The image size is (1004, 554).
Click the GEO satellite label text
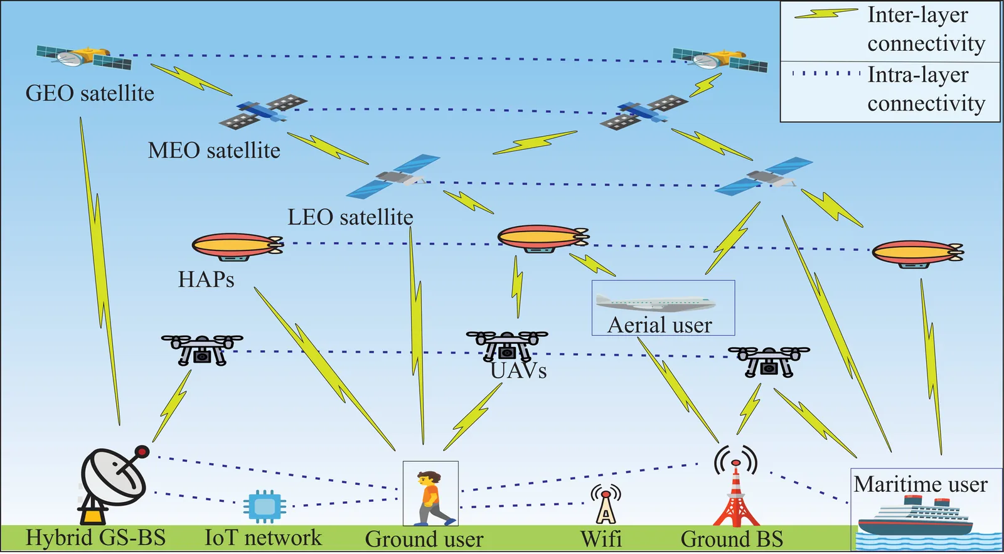90,93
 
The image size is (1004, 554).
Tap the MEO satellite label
214,151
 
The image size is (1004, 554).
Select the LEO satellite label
350,217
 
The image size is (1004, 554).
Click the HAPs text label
206,279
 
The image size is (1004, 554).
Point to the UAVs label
519,371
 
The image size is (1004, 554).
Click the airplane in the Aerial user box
656,302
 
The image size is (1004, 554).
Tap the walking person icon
432,498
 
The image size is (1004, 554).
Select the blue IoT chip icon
264,506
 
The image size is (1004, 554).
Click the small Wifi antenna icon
606,506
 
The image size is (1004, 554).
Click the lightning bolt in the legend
826,14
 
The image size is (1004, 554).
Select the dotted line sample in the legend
826,73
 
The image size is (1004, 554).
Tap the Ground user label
424,539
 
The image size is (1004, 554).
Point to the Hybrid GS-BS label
95,538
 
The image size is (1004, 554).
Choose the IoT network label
263,538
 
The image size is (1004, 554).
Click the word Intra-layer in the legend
917,75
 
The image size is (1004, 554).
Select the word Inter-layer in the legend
917,15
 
